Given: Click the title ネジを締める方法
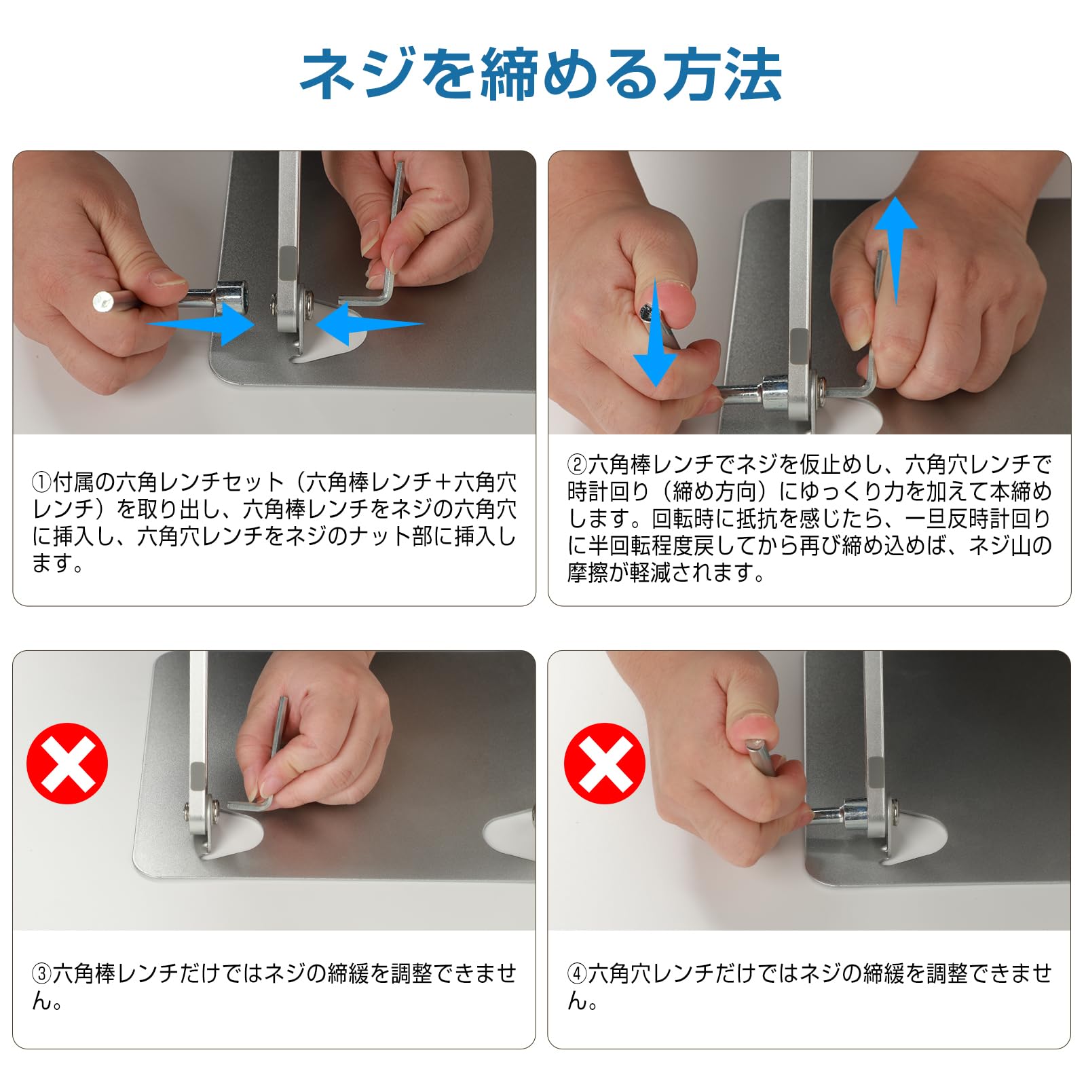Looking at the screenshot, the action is pos(542,74).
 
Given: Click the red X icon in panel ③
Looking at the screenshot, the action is pos(67,764).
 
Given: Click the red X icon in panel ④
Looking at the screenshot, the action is pos(605,764).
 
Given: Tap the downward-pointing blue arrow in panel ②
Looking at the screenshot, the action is pos(655,333).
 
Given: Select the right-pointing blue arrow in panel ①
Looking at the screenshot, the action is pos(201,324).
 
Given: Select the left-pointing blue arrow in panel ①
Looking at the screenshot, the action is pos(370,324).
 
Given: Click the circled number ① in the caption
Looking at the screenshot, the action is pos(42,483).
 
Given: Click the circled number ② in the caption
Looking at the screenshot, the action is pos(577,465).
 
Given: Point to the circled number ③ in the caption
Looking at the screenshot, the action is pos(42,974).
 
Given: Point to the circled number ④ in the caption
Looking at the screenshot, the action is pos(577,974).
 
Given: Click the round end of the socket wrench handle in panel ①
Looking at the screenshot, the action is pos(102,301).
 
